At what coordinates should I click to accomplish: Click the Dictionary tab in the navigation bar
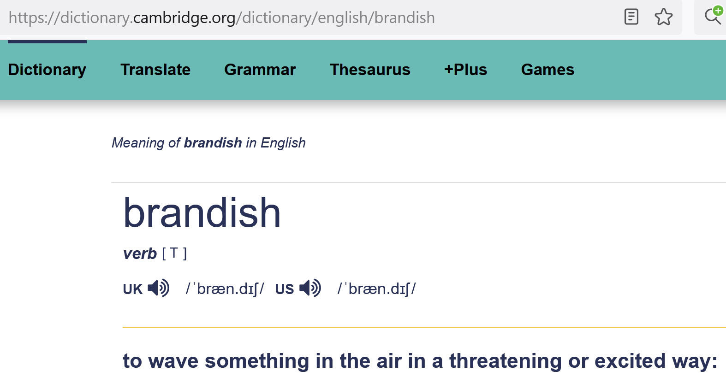coord(47,70)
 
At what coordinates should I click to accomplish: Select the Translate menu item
coord(155,70)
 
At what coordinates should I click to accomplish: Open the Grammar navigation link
coord(260,70)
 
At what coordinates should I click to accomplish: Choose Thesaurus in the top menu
coord(370,70)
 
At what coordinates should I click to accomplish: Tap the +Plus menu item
coord(466,70)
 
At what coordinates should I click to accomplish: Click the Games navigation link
coord(548,70)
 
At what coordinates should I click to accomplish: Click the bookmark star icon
coord(663,17)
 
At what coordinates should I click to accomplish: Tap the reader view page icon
coord(631,17)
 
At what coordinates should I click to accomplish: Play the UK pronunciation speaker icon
coord(159,288)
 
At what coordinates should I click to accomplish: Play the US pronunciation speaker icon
coord(310,288)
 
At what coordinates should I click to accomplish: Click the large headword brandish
coord(202,213)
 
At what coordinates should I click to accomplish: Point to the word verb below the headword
coord(140,254)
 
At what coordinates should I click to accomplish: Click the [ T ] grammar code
coord(174,253)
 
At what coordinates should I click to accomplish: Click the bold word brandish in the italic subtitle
coord(213,143)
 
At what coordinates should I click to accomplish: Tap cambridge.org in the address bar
coord(184,18)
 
